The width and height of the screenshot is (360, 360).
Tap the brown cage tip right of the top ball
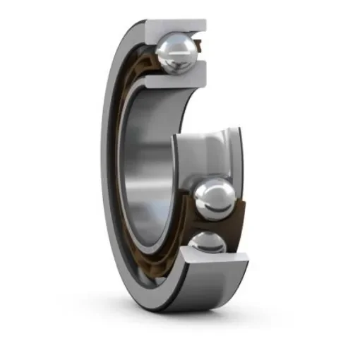(200, 53)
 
